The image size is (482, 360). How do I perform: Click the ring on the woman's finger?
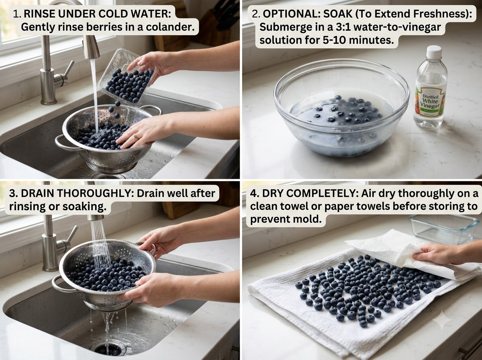point(136,137)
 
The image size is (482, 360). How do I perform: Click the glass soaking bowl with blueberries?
point(341,108)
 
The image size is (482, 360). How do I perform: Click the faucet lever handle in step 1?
point(64,75)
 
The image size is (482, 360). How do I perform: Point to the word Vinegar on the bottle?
point(430,106)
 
